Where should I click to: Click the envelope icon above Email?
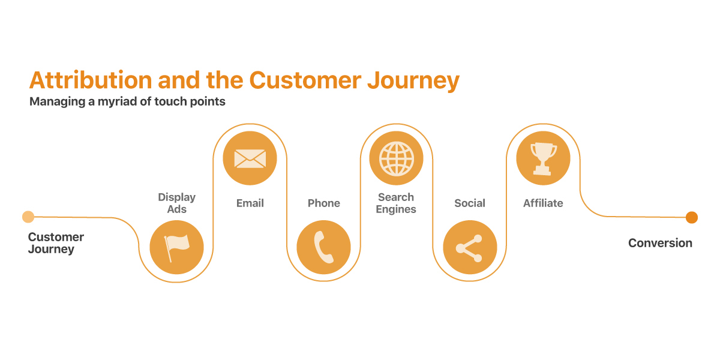click(250, 158)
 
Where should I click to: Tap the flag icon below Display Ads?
click(176, 247)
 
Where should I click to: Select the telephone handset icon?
click(323, 247)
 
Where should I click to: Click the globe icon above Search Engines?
click(396, 158)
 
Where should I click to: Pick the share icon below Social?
click(470, 247)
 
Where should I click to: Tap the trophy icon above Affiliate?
click(543, 158)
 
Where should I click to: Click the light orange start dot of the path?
click(28, 217)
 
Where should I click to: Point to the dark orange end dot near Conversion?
click(691, 217)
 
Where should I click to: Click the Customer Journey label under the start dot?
click(55, 243)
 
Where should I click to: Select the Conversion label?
click(660, 243)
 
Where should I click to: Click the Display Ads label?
click(176, 203)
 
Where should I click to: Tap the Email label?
click(250, 203)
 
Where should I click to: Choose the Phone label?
click(323, 203)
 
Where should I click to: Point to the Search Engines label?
click(396, 203)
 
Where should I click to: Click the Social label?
click(470, 203)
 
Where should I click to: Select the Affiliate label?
click(543, 203)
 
